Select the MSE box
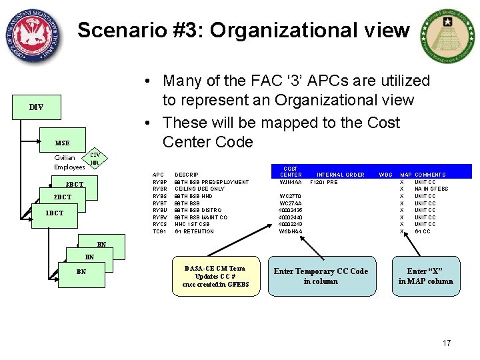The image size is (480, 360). point(62,143)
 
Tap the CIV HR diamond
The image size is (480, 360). point(95,159)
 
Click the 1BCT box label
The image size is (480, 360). point(55,213)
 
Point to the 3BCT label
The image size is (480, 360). point(74,184)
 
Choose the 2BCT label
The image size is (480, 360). point(62,197)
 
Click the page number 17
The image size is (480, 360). point(447,343)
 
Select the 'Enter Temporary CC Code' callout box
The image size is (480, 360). point(321,276)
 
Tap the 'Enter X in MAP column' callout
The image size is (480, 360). point(425,276)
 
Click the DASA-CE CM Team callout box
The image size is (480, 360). point(215,276)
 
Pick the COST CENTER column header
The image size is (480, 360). point(291,172)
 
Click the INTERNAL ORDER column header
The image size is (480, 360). point(341,175)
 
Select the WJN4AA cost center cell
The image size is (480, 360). point(291,182)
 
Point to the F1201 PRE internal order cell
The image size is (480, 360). point(324,182)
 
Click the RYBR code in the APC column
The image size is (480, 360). point(160,189)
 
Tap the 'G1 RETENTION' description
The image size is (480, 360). point(194,231)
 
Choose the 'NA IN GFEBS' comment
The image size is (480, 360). point(431,189)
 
